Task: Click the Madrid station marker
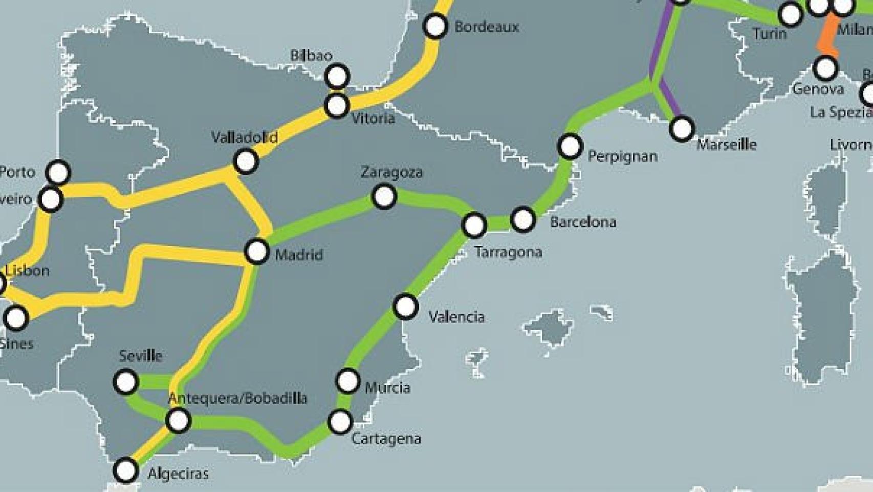256,252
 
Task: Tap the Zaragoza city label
391,172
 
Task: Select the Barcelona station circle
522,219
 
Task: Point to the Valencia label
456,317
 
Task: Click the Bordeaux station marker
435,26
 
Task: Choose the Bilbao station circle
337,76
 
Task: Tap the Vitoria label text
373,118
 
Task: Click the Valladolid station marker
245,161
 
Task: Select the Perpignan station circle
570,147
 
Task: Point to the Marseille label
726,145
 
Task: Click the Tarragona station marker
474,225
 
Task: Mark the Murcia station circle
348,381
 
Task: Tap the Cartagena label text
386,439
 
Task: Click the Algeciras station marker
125,470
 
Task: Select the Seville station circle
125,382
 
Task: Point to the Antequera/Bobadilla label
237,398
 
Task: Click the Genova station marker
825,67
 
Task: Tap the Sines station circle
16,318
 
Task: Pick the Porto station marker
58,172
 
